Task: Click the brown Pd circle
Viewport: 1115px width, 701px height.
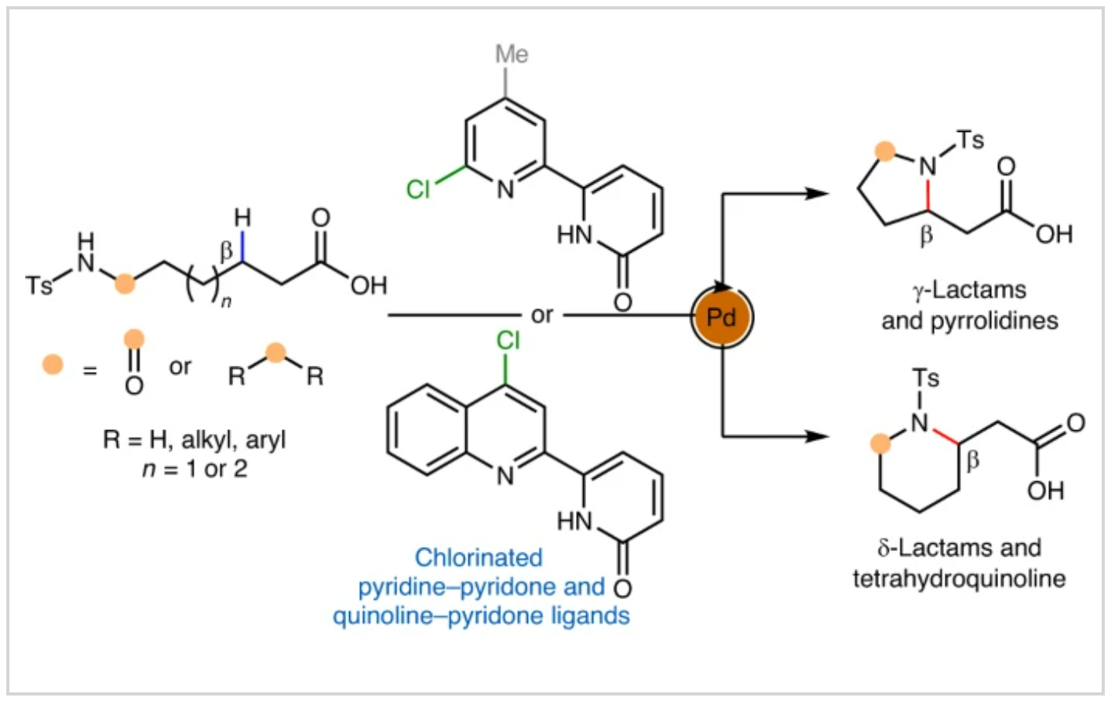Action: click(x=721, y=317)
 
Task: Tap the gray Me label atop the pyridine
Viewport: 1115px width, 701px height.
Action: click(x=512, y=54)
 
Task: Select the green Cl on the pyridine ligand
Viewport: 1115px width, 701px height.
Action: click(x=418, y=189)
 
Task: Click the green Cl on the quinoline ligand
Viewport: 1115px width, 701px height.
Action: click(x=508, y=341)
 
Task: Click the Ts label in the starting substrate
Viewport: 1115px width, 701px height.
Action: click(x=38, y=284)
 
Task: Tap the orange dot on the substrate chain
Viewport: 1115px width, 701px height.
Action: click(x=124, y=283)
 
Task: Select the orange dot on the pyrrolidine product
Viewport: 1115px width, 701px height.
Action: click(x=885, y=152)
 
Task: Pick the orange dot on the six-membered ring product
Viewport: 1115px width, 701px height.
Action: click(x=881, y=444)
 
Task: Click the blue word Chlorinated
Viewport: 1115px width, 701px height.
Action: click(x=479, y=557)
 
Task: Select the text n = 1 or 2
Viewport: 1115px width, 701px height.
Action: click(x=194, y=469)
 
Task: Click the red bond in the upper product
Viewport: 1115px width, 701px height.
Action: click(x=928, y=193)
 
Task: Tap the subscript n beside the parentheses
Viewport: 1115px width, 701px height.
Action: click(x=226, y=301)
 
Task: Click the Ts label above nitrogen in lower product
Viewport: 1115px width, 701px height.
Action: click(x=925, y=378)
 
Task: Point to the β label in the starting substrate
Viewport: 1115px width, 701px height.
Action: click(x=226, y=251)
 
